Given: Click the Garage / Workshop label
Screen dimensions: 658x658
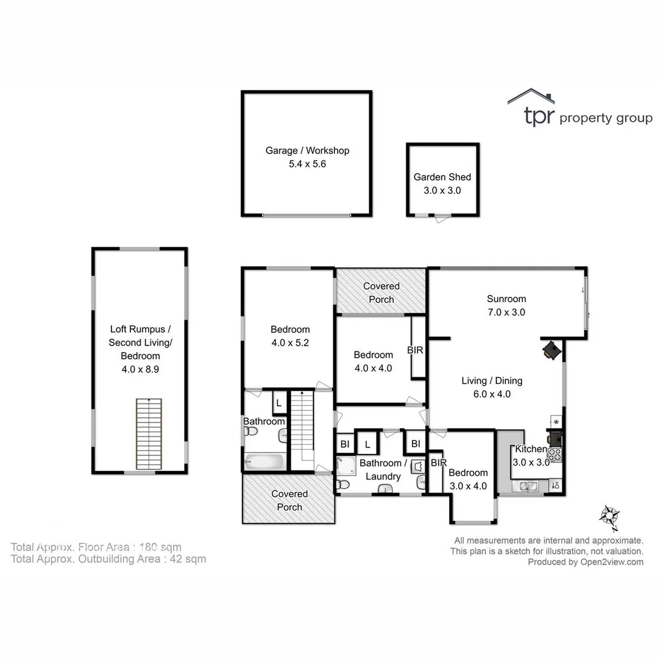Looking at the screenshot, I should (307, 150).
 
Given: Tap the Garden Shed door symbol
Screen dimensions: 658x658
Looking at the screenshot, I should (440, 218).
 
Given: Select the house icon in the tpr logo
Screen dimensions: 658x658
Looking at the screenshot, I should (531, 97).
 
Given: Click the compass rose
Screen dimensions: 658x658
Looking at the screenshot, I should (609, 515).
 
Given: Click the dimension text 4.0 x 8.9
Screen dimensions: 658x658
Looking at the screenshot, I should (140, 369).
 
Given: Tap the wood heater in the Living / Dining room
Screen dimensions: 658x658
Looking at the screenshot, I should (552, 350).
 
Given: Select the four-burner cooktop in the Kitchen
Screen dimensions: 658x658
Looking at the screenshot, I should (554, 454).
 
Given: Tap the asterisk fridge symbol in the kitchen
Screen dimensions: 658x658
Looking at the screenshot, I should (556, 422).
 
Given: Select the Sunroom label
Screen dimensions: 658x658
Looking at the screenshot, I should (506, 299).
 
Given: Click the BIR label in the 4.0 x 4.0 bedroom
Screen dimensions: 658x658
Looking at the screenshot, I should (415, 351).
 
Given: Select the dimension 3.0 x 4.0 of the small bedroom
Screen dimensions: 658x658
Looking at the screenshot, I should (468, 486).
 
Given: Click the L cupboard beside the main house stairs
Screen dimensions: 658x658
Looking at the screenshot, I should (279, 403).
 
